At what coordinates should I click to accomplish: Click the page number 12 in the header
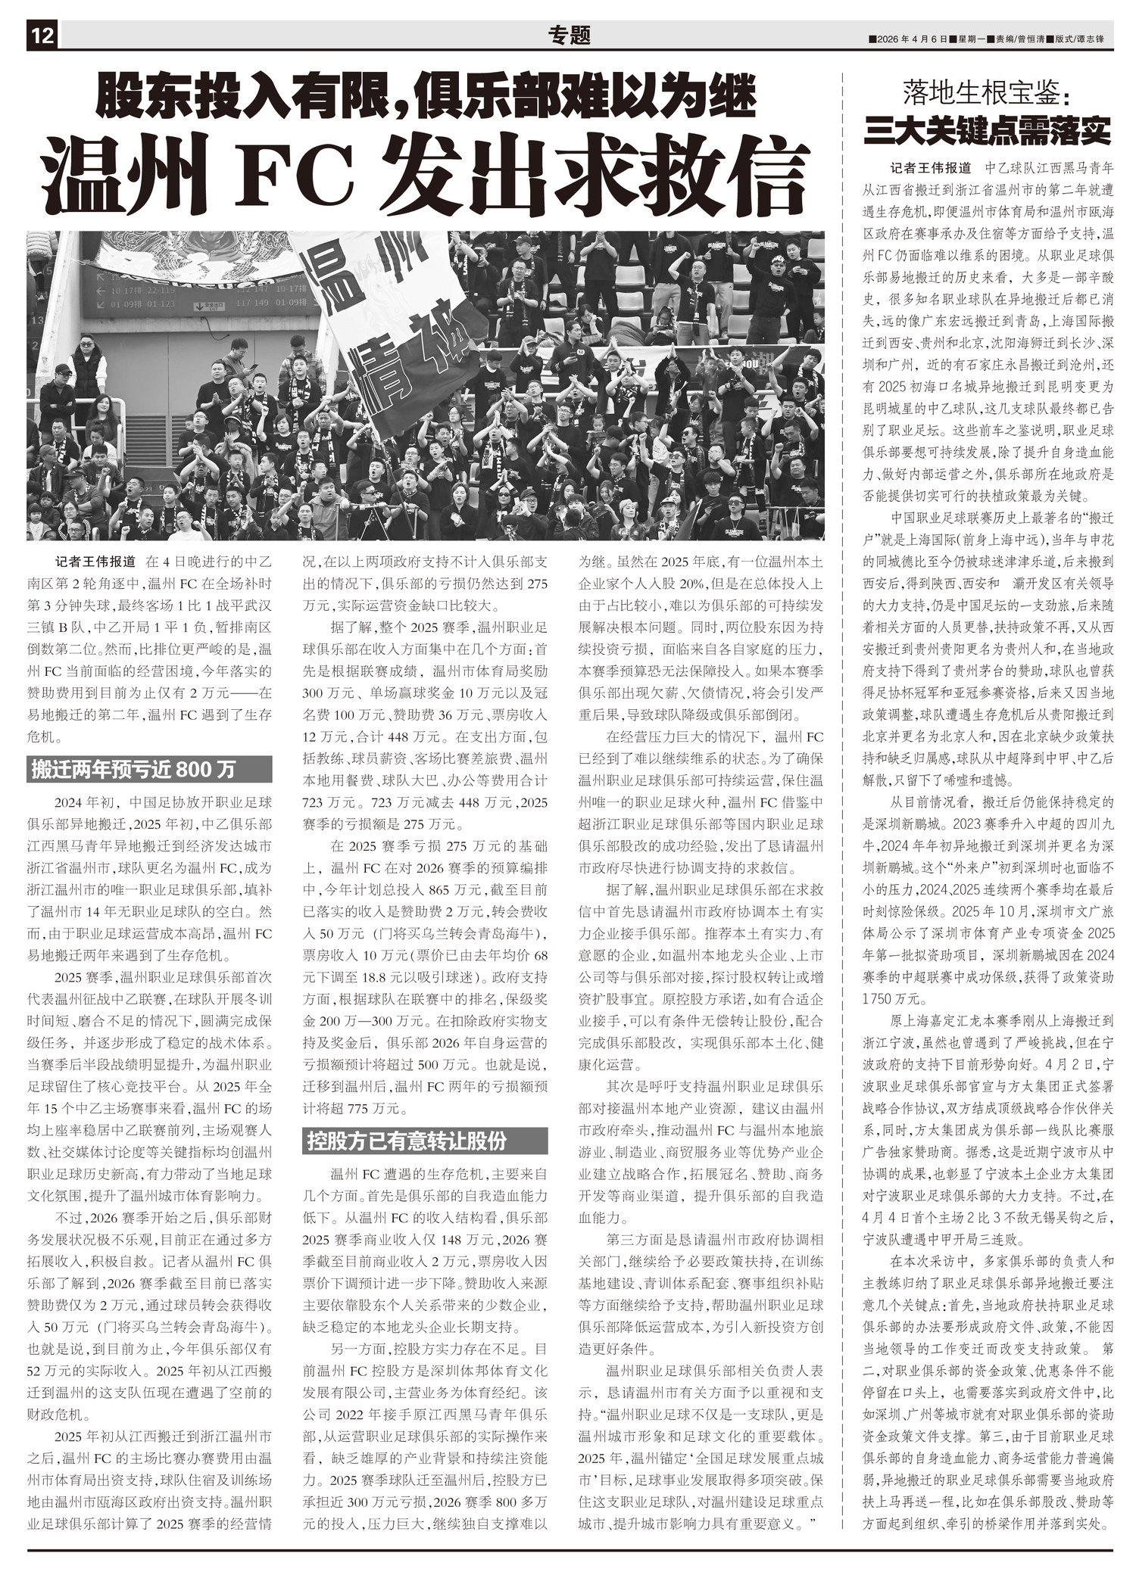click(x=42, y=36)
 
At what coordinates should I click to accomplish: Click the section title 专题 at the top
click(x=569, y=36)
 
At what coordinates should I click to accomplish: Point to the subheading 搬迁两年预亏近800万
click(x=133, y=770)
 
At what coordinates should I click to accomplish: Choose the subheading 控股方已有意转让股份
click(x=407, y=1141)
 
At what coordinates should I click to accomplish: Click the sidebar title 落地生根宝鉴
click(x=987, y=93)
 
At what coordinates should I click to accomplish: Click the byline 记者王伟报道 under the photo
click(x=95, y=562)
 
